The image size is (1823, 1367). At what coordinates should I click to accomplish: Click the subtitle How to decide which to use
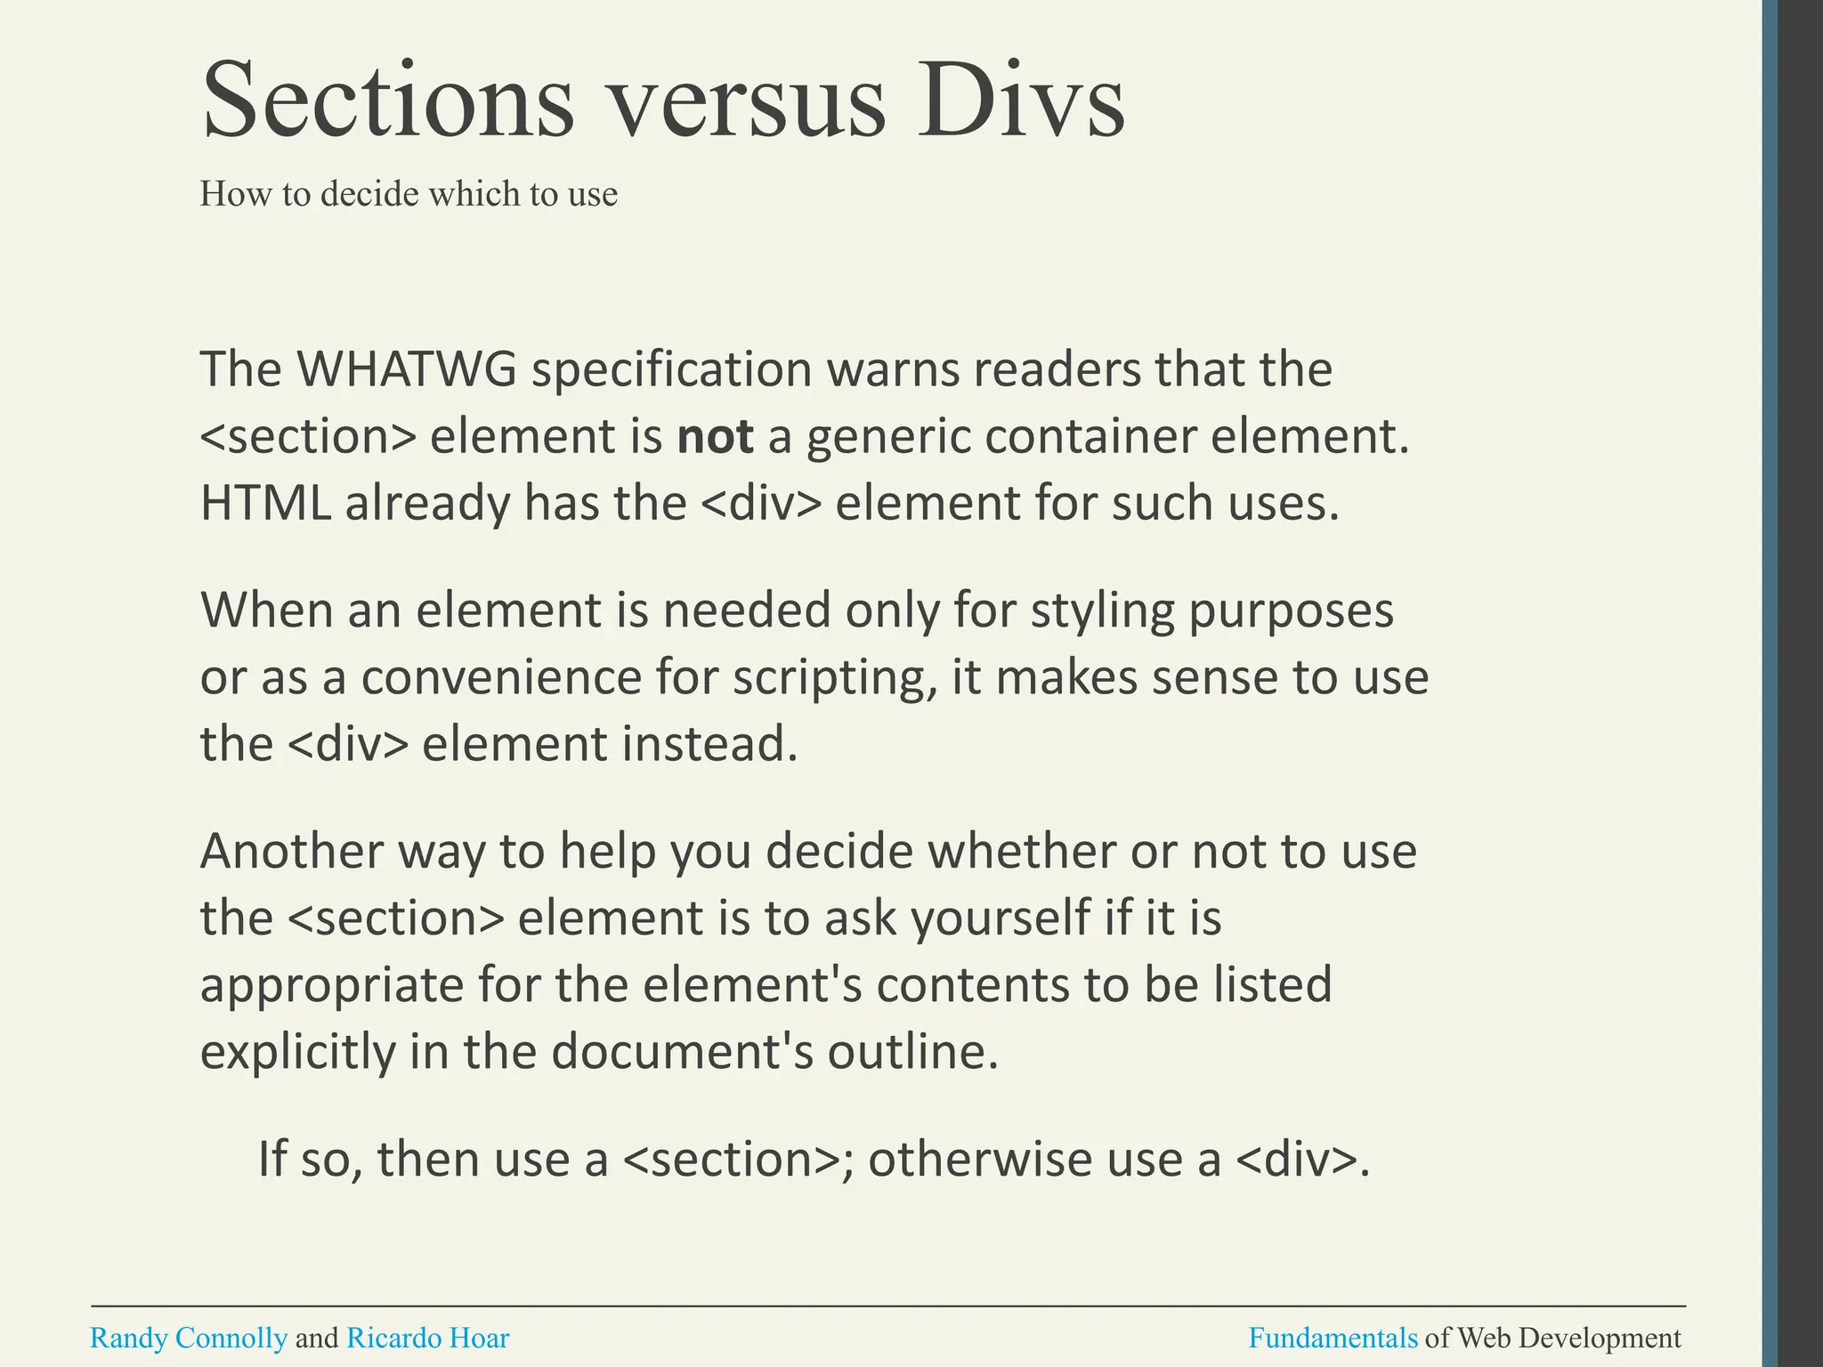(408, 194)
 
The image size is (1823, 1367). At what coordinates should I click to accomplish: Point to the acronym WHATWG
(406, 368)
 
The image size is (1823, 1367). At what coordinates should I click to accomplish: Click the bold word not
(715, 436)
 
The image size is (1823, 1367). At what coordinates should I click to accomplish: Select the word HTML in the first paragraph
(265, 503)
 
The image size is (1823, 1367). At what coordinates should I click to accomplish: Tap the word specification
(671, 370)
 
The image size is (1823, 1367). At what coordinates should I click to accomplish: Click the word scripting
(835, 678)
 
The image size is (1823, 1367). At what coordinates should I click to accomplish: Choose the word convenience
(500, 677)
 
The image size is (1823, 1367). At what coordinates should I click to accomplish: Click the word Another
(292, 851)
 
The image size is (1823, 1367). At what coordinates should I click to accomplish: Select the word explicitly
(298, 1053)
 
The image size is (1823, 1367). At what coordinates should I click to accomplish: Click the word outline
(912, 1052)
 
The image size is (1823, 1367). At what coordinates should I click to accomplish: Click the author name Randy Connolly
(189, 1338)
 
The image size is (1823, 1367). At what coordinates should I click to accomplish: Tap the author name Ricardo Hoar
(427, 1338)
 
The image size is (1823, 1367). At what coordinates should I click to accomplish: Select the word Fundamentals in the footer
(1333, 1338)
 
